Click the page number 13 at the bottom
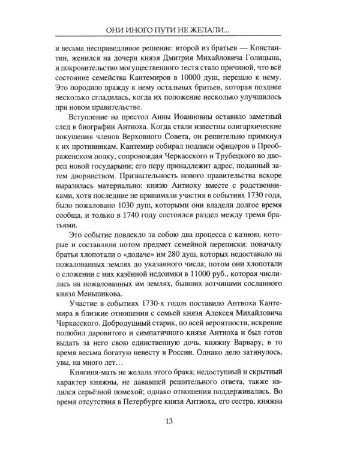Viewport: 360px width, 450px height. point(180,420)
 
